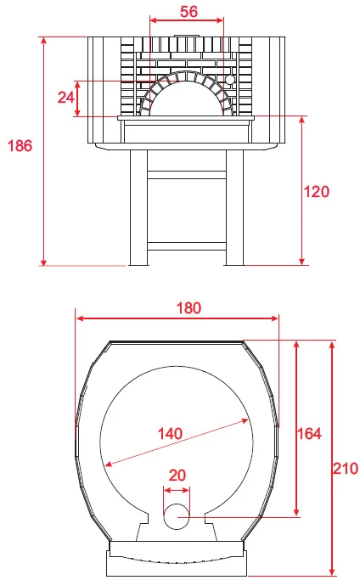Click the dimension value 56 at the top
point(188,12)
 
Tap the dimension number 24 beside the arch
point(66,98)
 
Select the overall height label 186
point(20,146)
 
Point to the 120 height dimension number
point(317,192)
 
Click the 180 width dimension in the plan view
point(188,308)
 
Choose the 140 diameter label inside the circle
point(170,434)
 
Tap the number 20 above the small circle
point(177,476)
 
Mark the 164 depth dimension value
point(309,434)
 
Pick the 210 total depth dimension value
point(346,469)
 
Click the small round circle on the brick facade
point(230,80)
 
